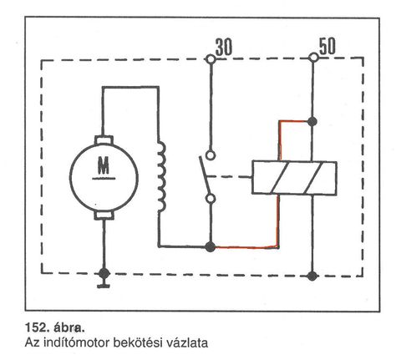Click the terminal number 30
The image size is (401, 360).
[x=224, y=47]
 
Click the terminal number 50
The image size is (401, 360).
[x=327, y=46]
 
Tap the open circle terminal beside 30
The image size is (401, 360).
[x=211, y=59]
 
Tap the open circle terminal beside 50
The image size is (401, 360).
[x=314, y=58]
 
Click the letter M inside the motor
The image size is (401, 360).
[x=104, y=165]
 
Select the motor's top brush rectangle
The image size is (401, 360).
[x=104, y=139]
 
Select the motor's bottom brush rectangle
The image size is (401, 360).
[x=104, y=215]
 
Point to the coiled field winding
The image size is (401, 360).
[x=161, y=177]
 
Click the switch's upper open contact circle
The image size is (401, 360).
[x=211, y=155]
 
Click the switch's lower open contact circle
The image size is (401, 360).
[x=211, y=199]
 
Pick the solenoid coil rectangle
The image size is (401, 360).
[x=294, y=177]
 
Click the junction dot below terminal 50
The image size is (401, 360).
[x=312, y=122]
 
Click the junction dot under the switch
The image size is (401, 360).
[x=211, y=246]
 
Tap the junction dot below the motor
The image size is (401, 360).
[x=104, y=273]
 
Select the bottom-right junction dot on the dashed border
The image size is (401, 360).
[x=312, y=276]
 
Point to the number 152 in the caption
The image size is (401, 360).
[x=36, y=327]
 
